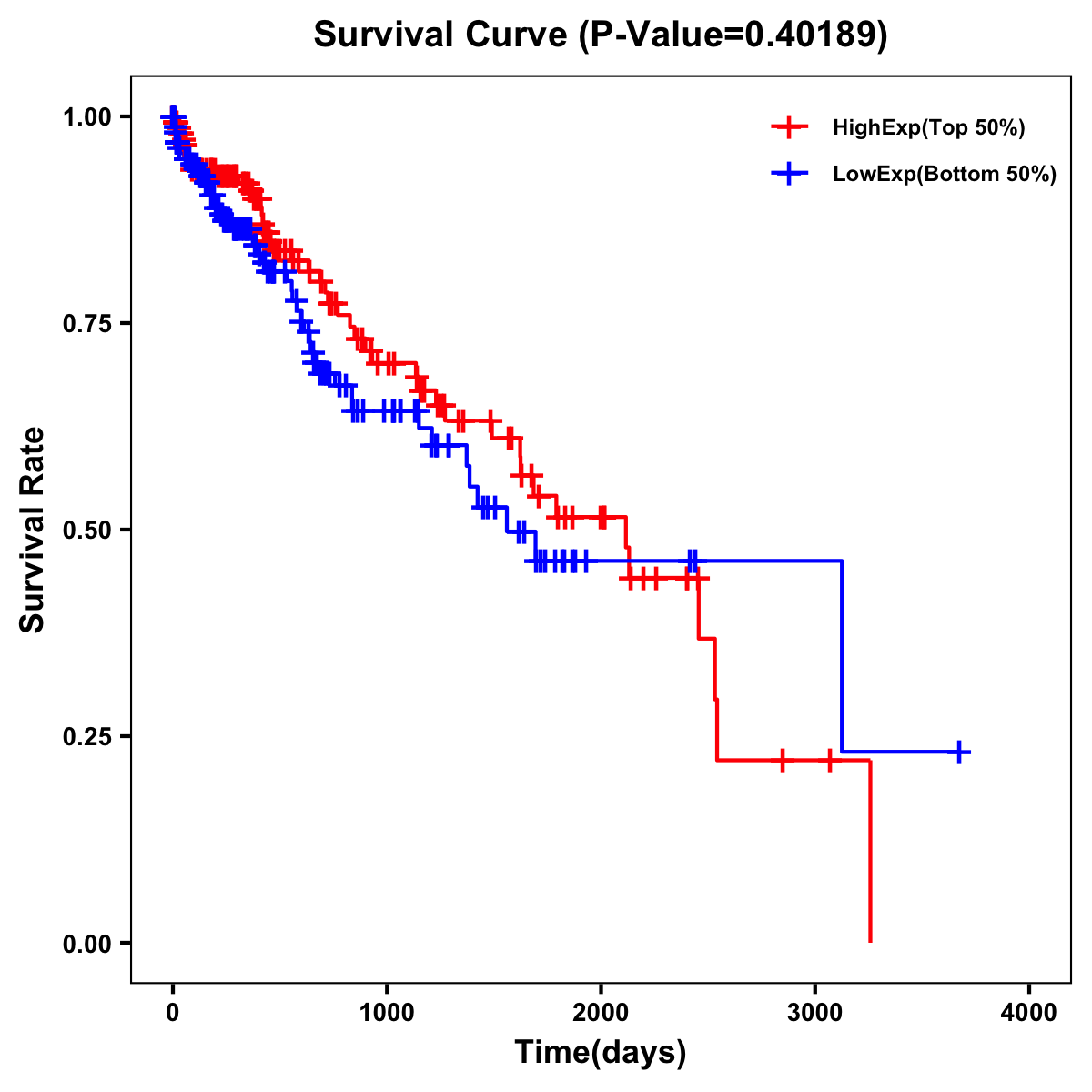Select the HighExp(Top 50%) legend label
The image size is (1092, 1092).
pyautogui.click(x=928, y=128)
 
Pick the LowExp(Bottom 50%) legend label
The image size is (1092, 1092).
pyautogui.click(x=945, y=174)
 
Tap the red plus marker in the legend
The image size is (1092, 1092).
pyautogui.click(x=790, y=128)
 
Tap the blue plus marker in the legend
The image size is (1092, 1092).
pyautogui.click(x=790, y=174)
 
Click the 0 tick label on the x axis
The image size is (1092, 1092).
pyautogui.click(x=173, y=1013)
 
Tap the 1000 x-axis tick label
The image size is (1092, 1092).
pyautogui.click(x=387, y=1013)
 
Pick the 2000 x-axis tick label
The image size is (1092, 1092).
pyautogui.click(x=601, y=1013)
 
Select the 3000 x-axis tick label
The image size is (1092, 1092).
pyautogui.click(x=815, y=1013)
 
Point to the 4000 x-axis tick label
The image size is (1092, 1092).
pyautogui.click(x=1029, y=1013)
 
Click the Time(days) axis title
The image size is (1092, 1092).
pyautogui.click(x=601, y=1053)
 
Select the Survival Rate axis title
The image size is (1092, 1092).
pyautogui.click(x=33, y=530)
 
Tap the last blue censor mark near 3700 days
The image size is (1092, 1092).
pyautogui.click(x=959, y=752)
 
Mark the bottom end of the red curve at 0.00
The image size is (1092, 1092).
pyautogui.click(x=870, y=940)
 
